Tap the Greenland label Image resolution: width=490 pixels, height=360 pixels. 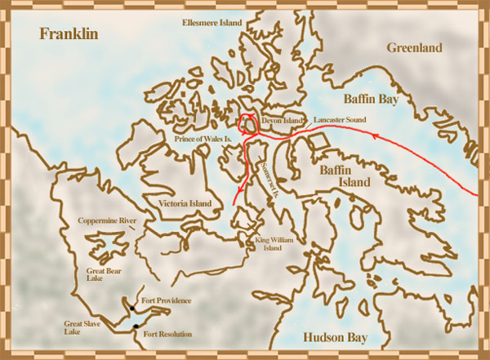[414, 48]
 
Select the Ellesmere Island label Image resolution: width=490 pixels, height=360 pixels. [212, 23]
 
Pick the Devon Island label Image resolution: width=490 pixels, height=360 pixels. [281, 120]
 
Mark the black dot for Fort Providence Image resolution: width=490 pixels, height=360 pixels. [131, 309]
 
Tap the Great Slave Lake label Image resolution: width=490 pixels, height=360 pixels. [82, 328]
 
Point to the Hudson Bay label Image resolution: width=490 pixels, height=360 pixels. [334, 338]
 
